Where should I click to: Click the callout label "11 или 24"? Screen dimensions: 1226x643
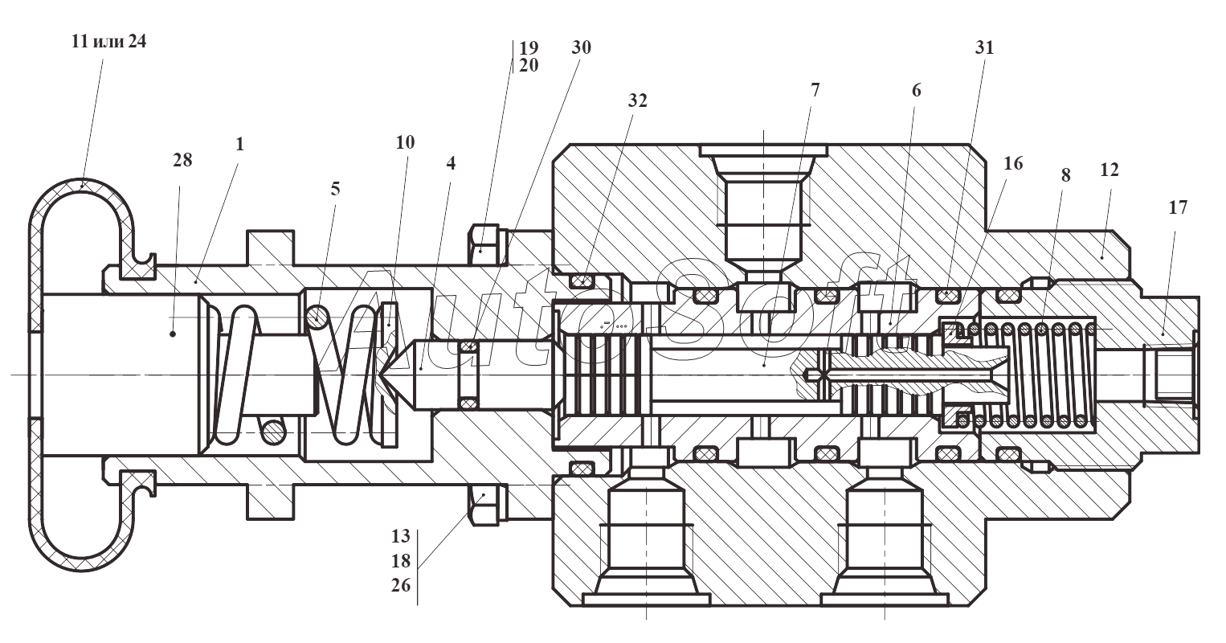[x=109, y=42]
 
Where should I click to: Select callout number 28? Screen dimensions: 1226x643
[x=183, y=160]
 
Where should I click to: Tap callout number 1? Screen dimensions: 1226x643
[x=239, y=144]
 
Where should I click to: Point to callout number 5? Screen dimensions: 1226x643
[x=335, y=189]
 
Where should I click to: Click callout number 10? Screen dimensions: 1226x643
[x=405, y=142]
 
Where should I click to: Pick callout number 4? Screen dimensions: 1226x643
[x=451, y=162]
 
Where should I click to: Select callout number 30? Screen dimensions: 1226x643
[x=581, y=47]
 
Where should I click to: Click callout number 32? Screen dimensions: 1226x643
[x=638, y=100]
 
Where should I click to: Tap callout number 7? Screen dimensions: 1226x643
[x=815, y=90]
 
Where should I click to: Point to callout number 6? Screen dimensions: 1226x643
[x=916, y=90]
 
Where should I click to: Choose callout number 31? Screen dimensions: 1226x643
[x=985, y=47]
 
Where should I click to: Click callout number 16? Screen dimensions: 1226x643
[x=1013, y=163]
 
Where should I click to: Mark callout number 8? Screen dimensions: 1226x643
[x=1065, y=175]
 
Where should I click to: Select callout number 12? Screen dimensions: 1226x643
[x=1110, y=170]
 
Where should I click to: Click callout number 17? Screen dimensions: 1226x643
[x=1179, y=207]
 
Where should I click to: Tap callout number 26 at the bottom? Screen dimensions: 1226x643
[x=401, y=585]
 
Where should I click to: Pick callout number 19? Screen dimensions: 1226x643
[x=529, y=48]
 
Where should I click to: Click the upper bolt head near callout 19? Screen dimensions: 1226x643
[x=484, y=245]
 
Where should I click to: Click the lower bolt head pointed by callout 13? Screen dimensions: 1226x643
[x=484, y=505]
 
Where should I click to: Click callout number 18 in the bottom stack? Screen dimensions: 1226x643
[x=401, y=561]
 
